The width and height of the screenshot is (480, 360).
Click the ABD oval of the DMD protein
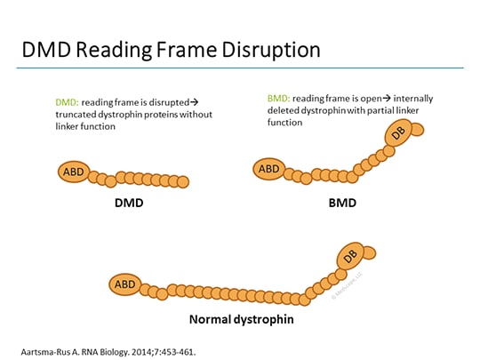coord(75,172)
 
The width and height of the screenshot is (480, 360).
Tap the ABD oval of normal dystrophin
coord(124,284)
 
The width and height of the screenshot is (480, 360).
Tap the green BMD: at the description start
coord(280,97)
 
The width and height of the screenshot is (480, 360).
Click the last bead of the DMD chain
coord(183,181)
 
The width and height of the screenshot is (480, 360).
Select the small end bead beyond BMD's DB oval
coord(417,130)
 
